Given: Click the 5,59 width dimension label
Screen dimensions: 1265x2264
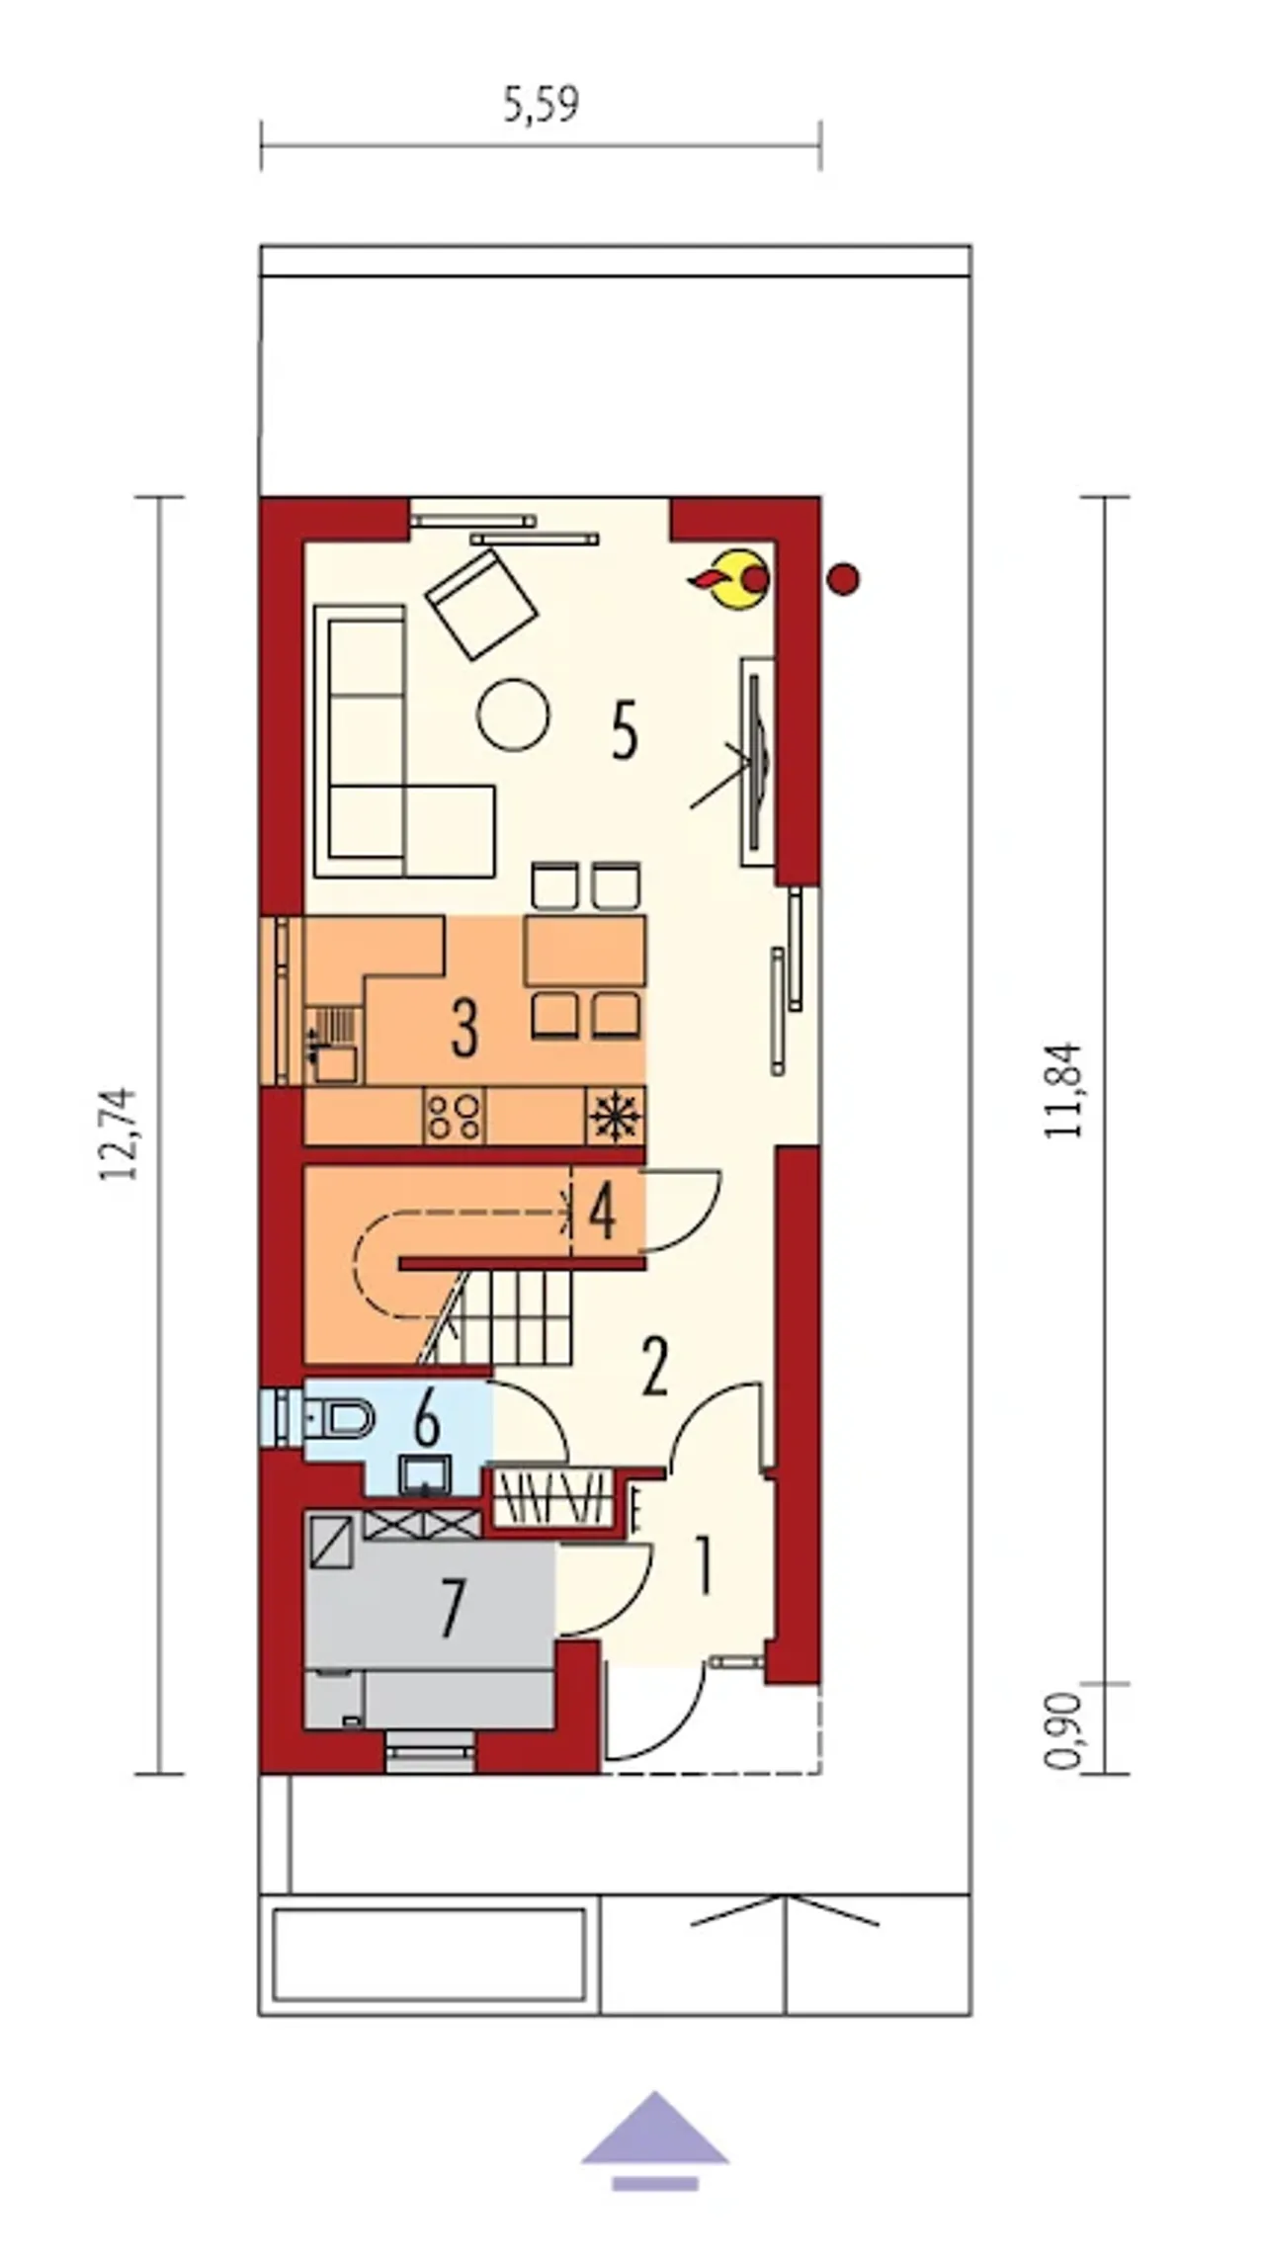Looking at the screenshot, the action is pyautogui.click(x=541, y=105).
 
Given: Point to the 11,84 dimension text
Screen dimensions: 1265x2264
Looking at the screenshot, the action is pyautogui.click(x=1064, y=1090).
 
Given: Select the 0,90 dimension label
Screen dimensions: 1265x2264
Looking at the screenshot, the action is pyautogui.click(x=1063, y=1730).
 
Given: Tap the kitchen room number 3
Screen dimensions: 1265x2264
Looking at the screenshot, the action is pyautogui.click(x=464, y=1028).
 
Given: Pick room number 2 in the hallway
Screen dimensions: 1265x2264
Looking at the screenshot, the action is pyautogui.click(x=654, y=1367).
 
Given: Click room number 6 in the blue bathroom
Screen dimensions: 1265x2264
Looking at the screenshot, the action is pyautogui.click(x=427, y=1421).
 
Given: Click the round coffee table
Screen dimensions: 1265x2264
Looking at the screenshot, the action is pyautogui.click(x=513, y=714).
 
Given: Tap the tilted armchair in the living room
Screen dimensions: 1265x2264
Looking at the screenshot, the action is pyautogui.click(x=482, y=604).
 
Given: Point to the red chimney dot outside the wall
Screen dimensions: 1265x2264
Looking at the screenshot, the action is pyautogui.click(x=843, y=579).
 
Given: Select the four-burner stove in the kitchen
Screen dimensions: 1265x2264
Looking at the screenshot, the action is pyautogui.click(x=455, y=1115).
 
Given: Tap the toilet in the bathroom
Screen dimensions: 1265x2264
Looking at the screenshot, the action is pyautogui.click(x=336, y=1419).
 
